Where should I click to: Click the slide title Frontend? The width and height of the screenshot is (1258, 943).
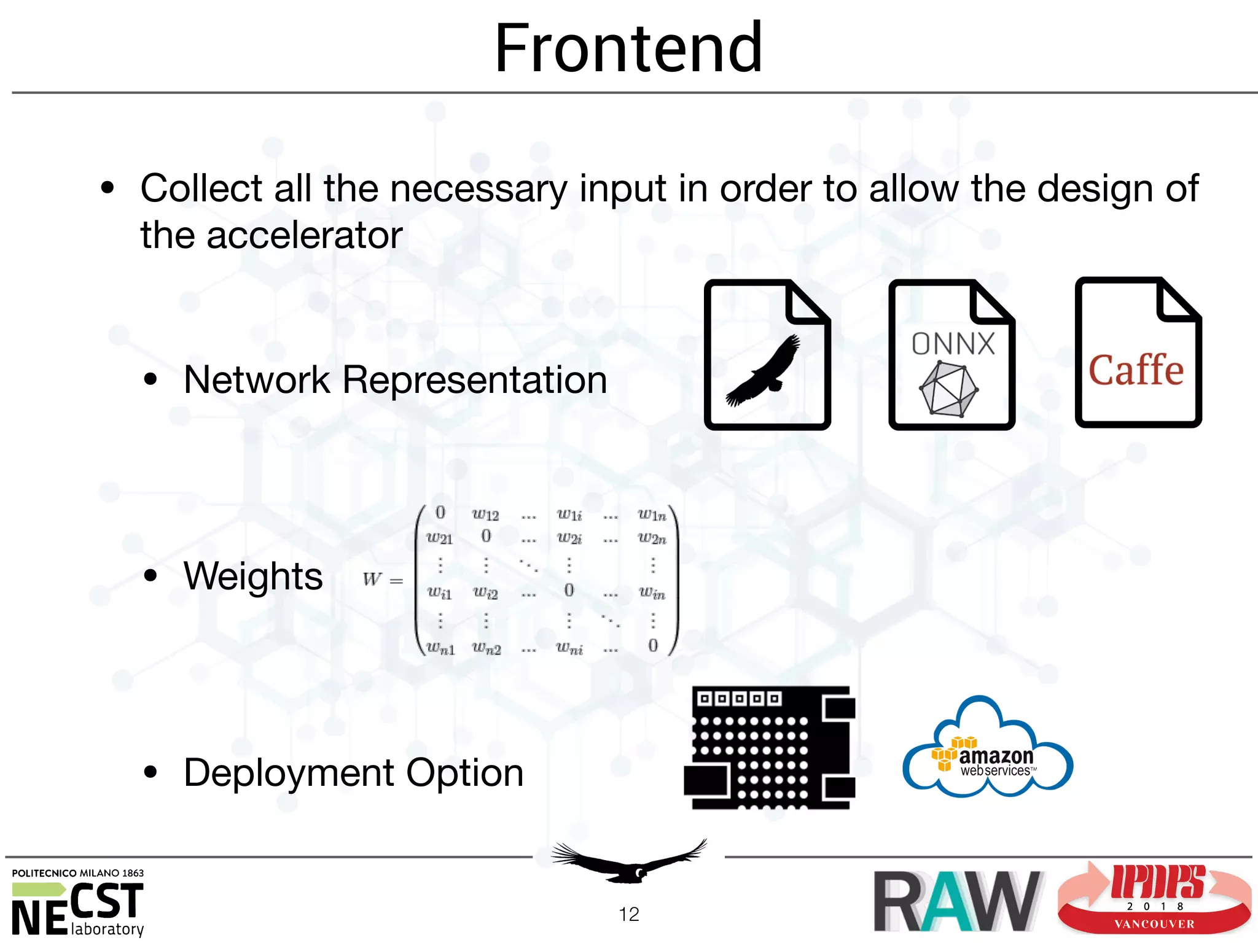pyautogui.click(x=628, y=48)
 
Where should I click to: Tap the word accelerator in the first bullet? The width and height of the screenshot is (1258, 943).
pyautogui.click(x=304, y=235)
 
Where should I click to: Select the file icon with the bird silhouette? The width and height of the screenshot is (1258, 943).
pyautogui.click(x=767, y=355)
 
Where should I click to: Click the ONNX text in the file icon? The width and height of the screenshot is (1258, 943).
pyautogui.click(x=953, y=344)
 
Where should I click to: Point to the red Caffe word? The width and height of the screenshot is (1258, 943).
pyautogui.click(x=1136, y=370)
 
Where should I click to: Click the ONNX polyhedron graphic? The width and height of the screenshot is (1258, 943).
pyautogui.click(x=948, y=389)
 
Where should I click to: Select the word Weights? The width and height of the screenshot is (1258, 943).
pyautogui.click(x=253, y=576)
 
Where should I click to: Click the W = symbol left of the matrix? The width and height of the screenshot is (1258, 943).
pyautogui.click(x=382, y=579)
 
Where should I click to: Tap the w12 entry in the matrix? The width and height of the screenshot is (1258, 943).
pyautogui.click(x=485, y=514)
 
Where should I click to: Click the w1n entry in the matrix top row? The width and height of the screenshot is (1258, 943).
pyautogui.click(x=652, y=514)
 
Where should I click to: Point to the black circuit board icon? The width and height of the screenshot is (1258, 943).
pyautogui.click(x=770, y=747)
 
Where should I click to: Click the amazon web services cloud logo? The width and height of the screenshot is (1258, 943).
pyautogui.click(x=988, y=749)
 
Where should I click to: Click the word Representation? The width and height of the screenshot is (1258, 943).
pyautogui.click(x=474, y=380)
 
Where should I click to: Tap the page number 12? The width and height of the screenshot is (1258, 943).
pyautogui.click(x=628, y=914)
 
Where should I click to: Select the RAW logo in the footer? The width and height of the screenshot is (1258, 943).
pyautogui.click(x=957, y=900)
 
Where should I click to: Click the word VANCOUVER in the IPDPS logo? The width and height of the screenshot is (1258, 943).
pyautogui.click(x=1154, y=924)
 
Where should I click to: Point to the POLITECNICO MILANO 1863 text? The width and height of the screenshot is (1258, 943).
pyautogui.click(x=78, y=873)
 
